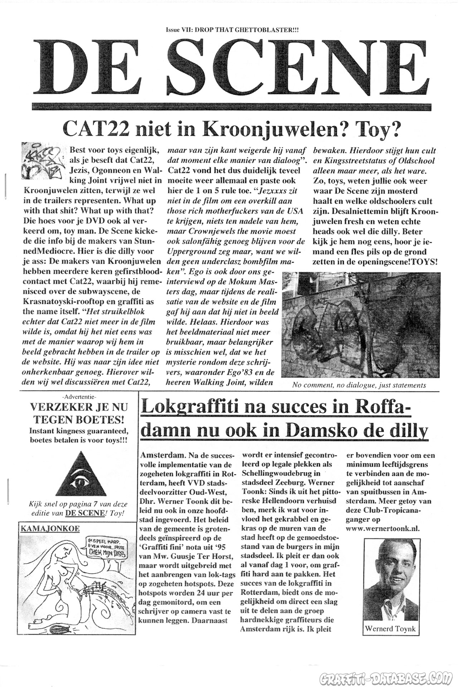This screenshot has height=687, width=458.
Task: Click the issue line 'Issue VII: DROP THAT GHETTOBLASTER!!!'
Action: [x=232, y=31]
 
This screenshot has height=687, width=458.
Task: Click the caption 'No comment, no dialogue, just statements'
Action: [x=359, y=385]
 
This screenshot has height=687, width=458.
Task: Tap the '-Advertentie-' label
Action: [x=79, y=396]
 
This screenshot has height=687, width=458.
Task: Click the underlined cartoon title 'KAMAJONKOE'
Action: [x=50, y=528]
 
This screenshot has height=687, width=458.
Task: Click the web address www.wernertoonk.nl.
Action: [x=383, y=528]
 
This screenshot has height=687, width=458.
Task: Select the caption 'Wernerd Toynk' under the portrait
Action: [x=391, y=628]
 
